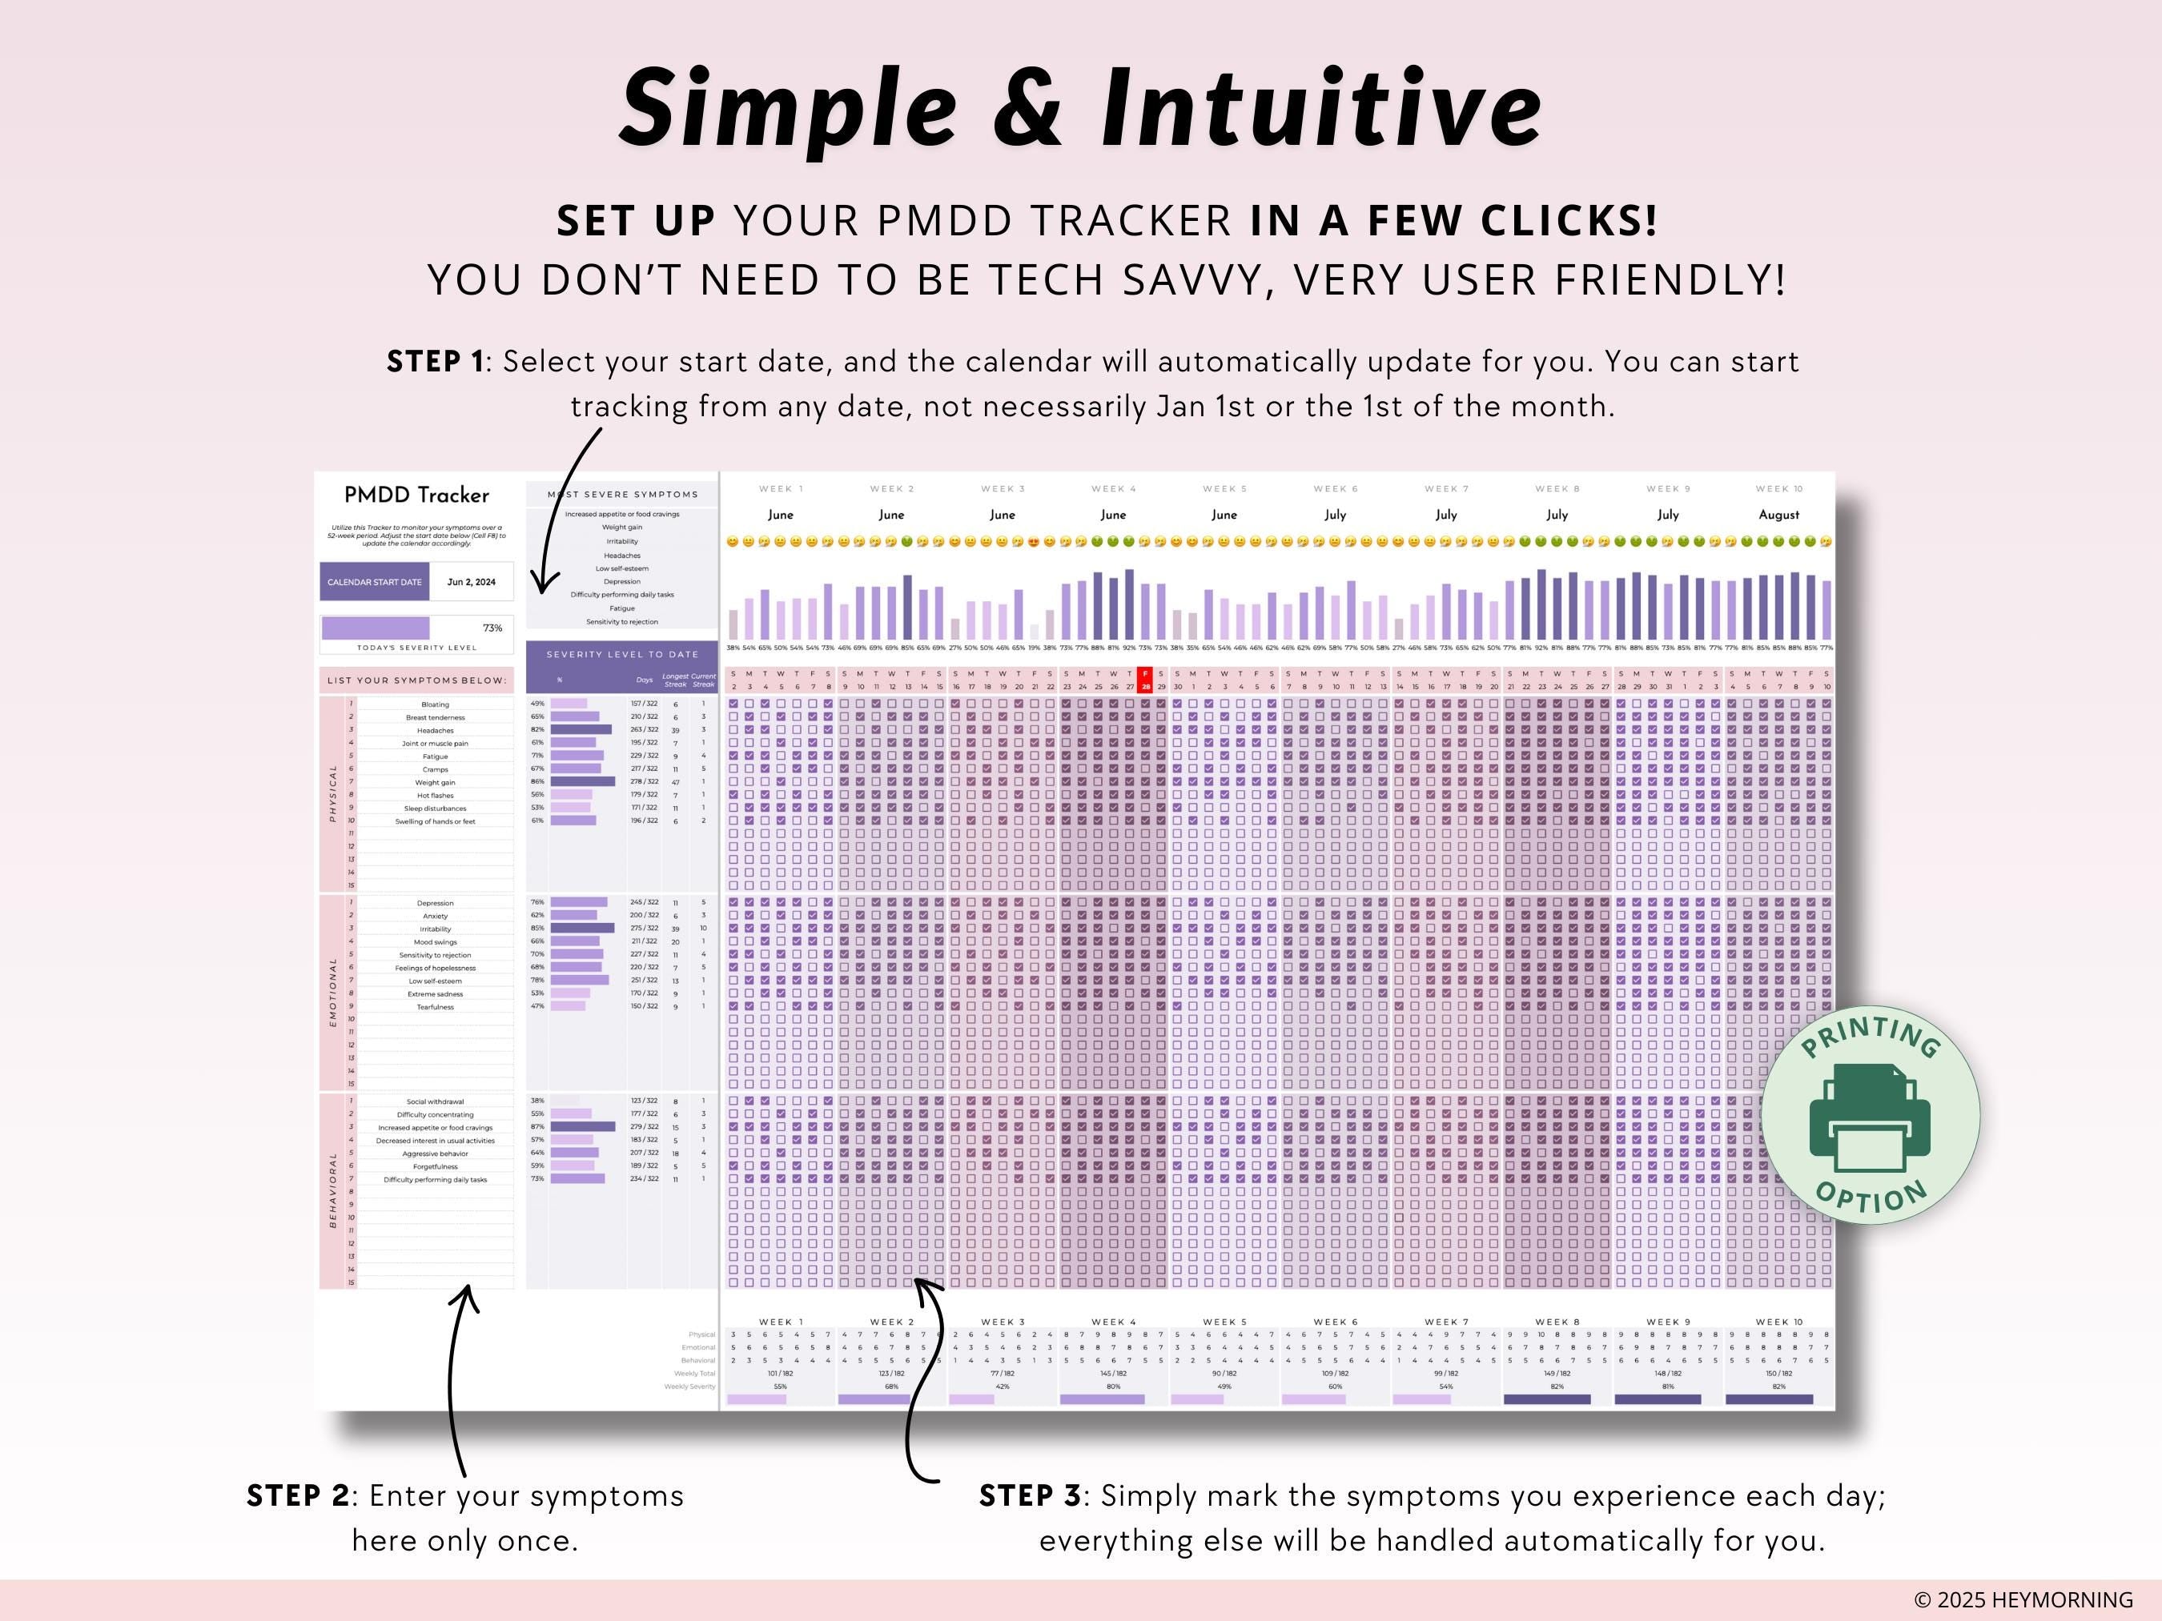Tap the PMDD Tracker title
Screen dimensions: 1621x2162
tap(416, 496)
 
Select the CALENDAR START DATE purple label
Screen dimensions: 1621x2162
tap(374, 581)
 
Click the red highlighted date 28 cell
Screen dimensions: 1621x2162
tap(1146, 680)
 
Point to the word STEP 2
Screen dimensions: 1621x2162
tap(297, 1496)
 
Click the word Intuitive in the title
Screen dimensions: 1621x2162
tap(1320, 107)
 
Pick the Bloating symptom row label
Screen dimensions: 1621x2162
tap(435, 704)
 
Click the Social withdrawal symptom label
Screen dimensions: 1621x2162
tap(435, 1101)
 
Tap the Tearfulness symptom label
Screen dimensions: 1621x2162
tap(435, 1006)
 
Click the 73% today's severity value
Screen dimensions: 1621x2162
tap(492, 628)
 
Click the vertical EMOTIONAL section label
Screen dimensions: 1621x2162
tap(332, 991)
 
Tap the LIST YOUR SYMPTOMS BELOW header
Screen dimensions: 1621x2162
tap(416, 680)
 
